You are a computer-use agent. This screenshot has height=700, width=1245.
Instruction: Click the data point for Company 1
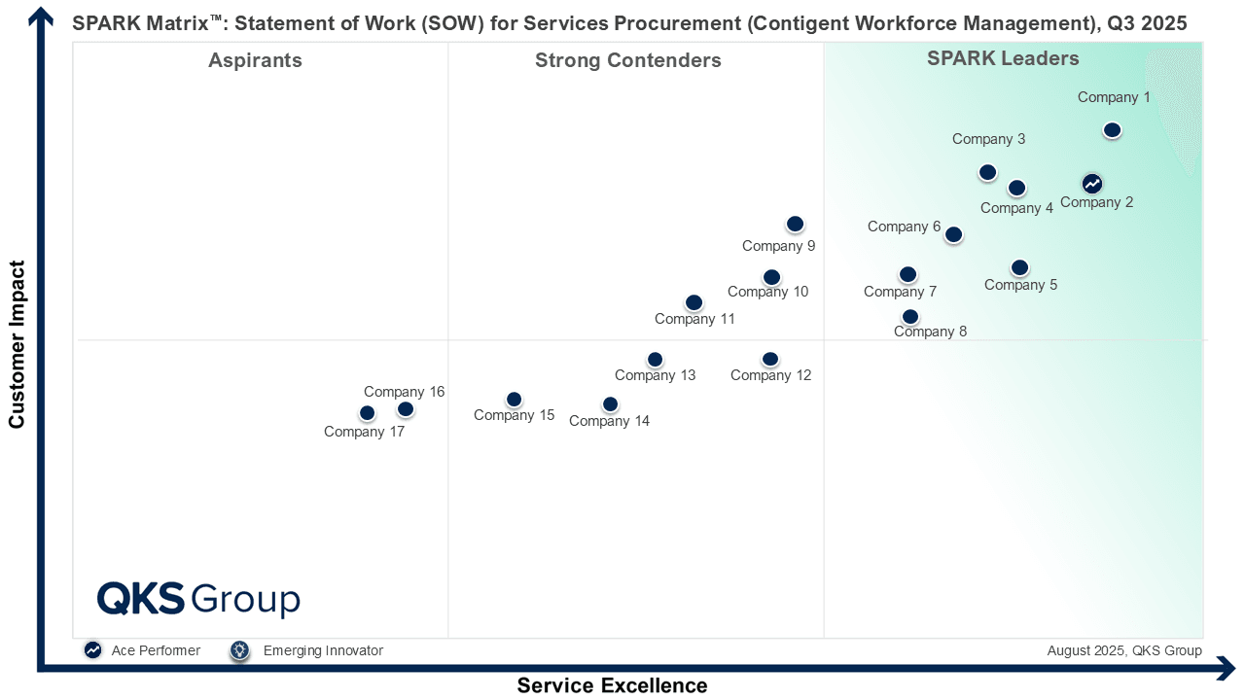[1112, 130]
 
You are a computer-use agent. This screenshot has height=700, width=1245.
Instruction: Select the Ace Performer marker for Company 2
[1092, 184]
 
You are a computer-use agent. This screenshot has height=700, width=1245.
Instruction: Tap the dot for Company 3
[987, 173]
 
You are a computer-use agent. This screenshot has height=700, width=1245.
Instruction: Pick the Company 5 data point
[1019, 267]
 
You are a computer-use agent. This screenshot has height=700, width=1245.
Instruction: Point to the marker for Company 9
[795, 224]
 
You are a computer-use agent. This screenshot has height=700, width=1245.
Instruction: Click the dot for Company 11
[694, 302]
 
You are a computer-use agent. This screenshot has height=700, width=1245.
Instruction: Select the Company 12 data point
[770, 360]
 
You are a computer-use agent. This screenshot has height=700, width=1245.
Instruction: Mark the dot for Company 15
[515, 400]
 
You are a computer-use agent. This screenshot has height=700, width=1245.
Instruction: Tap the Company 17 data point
[367, 413]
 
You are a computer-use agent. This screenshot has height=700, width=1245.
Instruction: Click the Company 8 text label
[930, 332]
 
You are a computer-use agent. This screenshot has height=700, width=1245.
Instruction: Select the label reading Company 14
[609, 421]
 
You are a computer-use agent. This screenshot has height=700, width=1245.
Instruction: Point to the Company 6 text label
[904, 227]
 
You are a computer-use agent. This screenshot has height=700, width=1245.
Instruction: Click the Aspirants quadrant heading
[255, 60]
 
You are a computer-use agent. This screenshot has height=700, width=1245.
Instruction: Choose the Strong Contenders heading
[628, 60]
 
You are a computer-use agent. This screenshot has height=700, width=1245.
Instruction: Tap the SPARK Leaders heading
[1003, 58]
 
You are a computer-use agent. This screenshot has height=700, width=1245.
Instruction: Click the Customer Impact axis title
[17, 344]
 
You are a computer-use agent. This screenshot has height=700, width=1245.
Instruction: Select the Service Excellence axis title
[612, 685]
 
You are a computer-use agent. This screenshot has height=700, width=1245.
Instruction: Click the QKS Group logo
[198, 599]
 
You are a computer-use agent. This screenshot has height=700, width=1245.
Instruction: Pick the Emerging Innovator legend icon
[240, 650]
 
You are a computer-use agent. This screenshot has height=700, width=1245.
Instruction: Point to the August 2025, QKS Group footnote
[1124, 650]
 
